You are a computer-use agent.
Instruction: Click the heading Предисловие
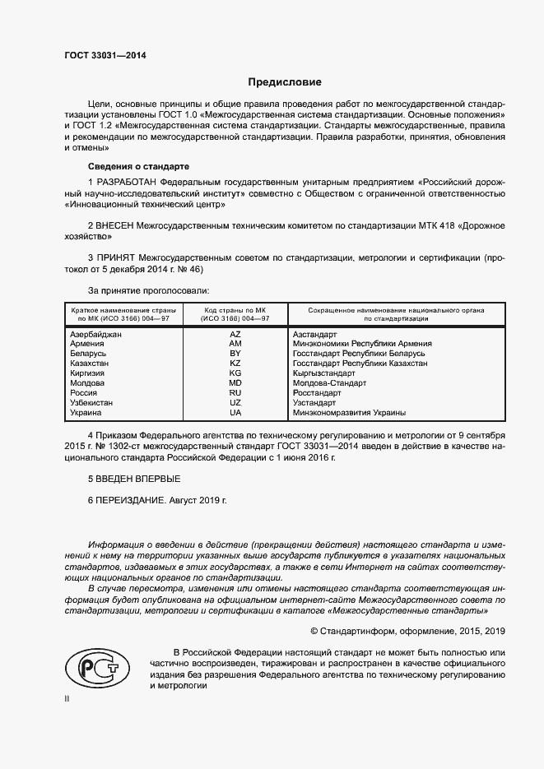point(285,82)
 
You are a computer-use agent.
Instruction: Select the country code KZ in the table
point(235,364)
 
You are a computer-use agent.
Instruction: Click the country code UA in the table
point(235,413)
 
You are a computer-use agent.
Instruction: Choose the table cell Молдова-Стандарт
point(329,383)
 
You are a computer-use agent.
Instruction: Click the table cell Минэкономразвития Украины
point(349,413)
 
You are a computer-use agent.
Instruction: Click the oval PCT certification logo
point(96,666)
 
